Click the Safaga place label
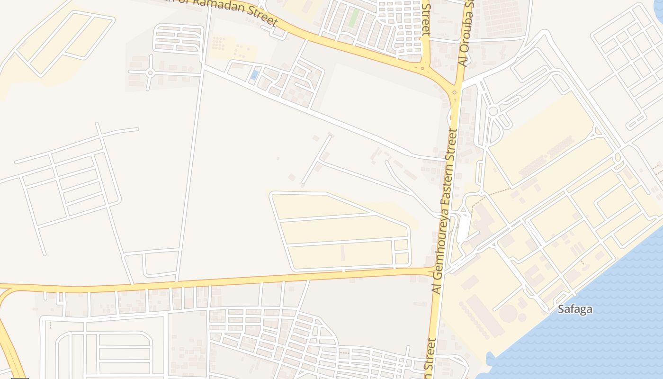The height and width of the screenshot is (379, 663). click(x=575, y=309)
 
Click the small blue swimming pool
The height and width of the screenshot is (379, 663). click(x=255, y=75)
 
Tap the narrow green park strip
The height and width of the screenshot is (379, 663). click(x=354, y=18)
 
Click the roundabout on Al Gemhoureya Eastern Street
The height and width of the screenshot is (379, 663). click(x=454, y=92)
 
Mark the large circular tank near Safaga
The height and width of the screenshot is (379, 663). click(x=509, y=313)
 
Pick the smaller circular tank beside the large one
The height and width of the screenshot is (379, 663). click(x=522, y=317)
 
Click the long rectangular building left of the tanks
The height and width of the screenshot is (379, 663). click(x=484, y=316)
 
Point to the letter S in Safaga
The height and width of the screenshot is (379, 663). click(x=561, y=309)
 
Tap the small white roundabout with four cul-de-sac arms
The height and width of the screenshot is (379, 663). click(x=150, y=72)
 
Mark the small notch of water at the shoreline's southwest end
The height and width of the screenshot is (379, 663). click(x=490, y=358)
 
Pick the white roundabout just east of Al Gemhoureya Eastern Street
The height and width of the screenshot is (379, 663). click(x=493, y=111)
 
